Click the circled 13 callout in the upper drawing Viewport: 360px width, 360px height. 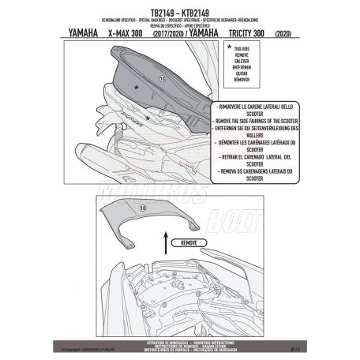click(x=163, y=80)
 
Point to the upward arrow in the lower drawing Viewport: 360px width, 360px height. click(x=163, y=242)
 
